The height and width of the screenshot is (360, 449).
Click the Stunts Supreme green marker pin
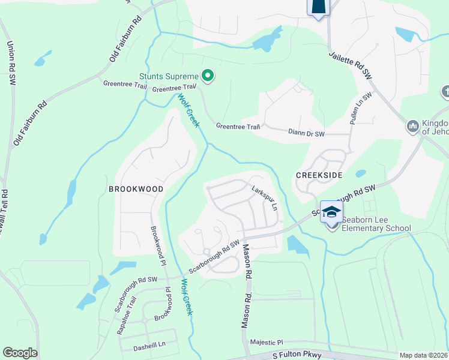(208, 76)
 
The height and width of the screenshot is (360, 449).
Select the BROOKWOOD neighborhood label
(136, 188)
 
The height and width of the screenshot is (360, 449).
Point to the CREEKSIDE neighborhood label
(318, 174)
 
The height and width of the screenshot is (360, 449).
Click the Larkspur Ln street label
(265, 197)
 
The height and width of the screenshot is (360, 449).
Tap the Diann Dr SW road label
(306, 133)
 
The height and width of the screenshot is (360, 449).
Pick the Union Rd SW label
(10, 62)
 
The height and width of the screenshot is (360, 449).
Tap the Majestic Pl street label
(267, 341)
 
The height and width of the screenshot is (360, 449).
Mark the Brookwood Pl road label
(157, 245)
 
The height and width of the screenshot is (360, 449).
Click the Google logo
(20, 353)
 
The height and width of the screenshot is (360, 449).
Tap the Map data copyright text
(423, 355)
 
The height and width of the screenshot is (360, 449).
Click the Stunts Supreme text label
(169, 76)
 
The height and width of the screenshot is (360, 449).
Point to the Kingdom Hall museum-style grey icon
(412, 126)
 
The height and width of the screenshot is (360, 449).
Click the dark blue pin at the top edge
(319, 7)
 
